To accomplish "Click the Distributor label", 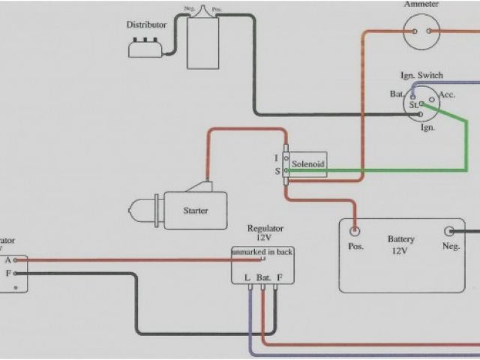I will coord(146,25).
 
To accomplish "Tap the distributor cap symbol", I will coord(147,47).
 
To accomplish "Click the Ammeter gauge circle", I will coord(420,31).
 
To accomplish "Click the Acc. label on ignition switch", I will coord(447,94).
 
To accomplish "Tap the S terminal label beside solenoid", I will coord(277,171).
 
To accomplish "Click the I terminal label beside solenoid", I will coord(277,158).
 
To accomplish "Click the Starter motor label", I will coord(196,211).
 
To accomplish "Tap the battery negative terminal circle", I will coord(449,231).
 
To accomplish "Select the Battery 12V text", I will coord(401,245).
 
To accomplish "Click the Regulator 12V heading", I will coord(264,232).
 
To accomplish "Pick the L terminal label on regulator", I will coord(248,277).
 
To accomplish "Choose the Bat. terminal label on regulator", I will coord(263,277).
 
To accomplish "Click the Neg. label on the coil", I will coord(189,9).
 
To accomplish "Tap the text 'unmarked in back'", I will coord(262,252).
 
